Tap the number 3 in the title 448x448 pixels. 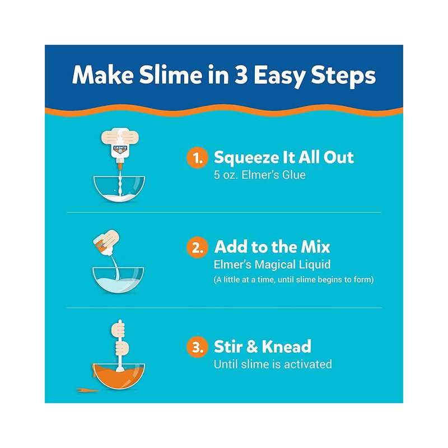[x=241, y=76]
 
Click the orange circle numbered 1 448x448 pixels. [x=197, y=158]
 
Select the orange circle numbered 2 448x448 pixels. [x=197, y=248]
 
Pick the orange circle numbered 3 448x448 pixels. [x=197, y=347]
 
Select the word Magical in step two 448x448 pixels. [x=276, y=265]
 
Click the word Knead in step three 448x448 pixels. [x=287, y=347]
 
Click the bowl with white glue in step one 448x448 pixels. [x=119, y=189]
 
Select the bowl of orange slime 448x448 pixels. [x=119, y=376]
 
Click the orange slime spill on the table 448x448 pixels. [x=88, y=390]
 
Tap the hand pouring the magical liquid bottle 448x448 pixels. [x=109, y=241]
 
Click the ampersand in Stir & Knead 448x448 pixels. [x=253, y=347]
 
